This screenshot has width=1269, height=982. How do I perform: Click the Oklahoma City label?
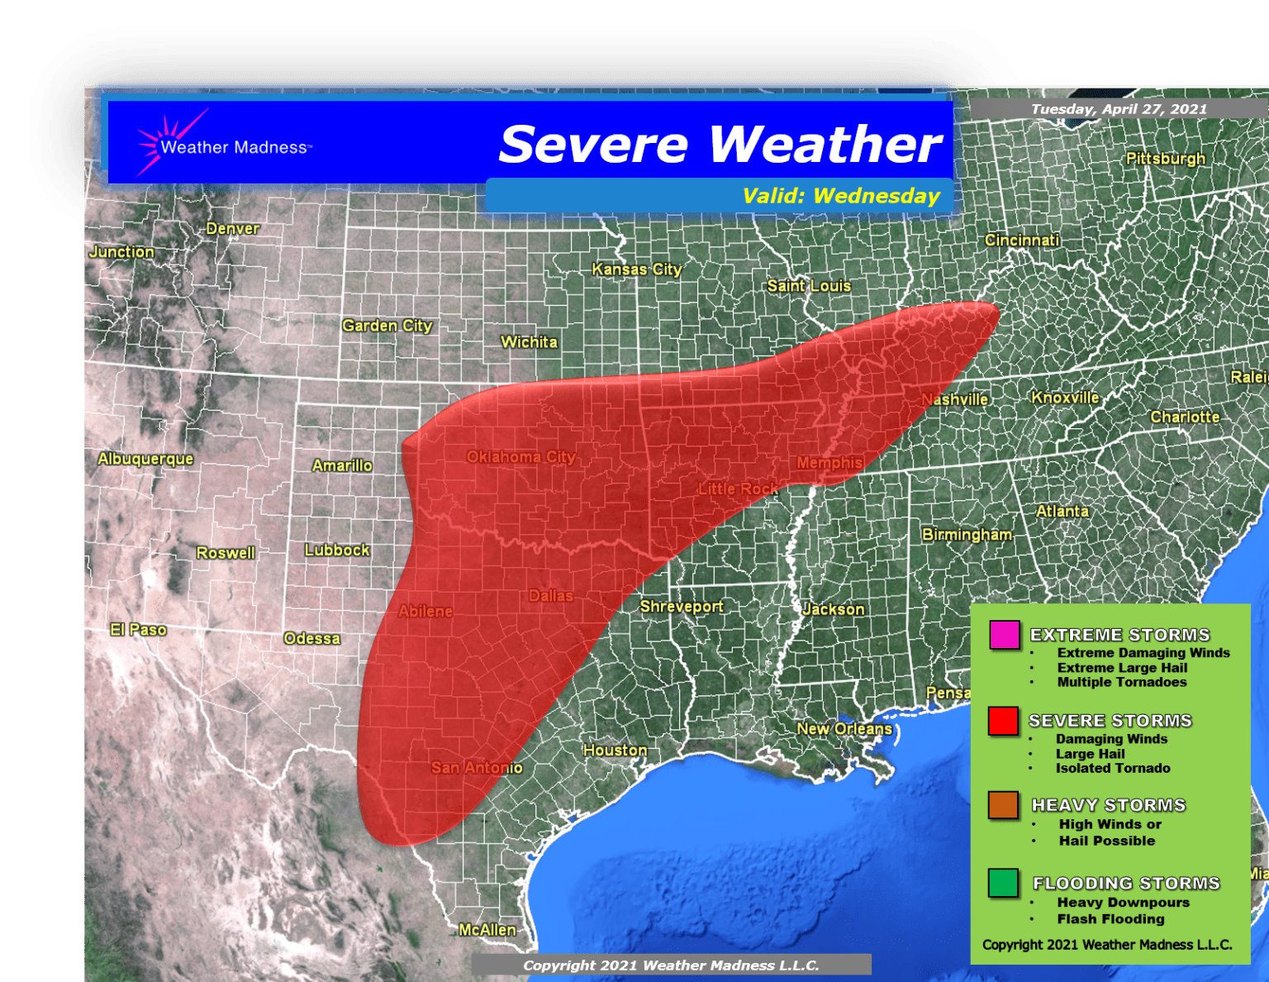click(520, 457)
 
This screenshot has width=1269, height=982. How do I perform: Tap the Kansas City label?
click(636, 269)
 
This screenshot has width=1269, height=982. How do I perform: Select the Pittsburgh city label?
click(1165, 159)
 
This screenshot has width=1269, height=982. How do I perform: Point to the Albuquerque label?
click(145, 459)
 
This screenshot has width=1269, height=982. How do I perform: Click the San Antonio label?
click(476, 768)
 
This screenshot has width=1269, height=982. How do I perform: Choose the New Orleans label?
click(844, 729)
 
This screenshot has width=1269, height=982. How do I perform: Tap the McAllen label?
click(487, 930)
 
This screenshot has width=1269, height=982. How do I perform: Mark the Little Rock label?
click(738, 489)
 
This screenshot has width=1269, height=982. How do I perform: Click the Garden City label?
click(387, 326)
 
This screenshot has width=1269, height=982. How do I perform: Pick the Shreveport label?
click(681, 607)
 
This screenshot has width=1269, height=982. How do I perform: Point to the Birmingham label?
click(967, 535)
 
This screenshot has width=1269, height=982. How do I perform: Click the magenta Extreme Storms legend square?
click(1004, 635)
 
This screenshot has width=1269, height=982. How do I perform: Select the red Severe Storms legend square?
click(1003, 721)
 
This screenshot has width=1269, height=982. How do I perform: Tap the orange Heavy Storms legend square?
click(1003, 805)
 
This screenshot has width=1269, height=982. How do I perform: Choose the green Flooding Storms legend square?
click(1003, 883)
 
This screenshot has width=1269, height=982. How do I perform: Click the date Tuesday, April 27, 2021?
click(1119, 109)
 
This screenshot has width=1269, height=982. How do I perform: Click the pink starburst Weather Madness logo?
click(165, 142)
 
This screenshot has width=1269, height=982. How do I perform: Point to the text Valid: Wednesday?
click(840, 196)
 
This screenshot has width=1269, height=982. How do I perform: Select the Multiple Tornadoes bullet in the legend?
click(1121, 683)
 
